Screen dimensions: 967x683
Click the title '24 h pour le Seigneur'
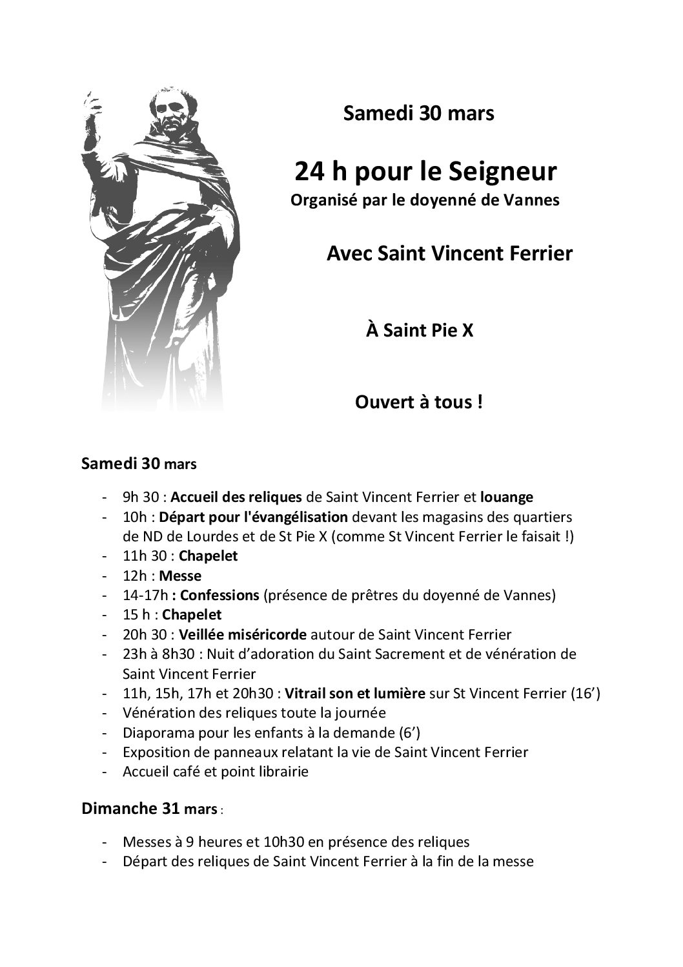(425, 172)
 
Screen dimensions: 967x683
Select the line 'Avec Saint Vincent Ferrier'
(449, 253)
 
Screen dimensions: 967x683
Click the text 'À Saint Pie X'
(420, 331)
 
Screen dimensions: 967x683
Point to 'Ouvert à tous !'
(419, 402)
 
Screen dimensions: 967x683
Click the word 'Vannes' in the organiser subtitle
(533, 200)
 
